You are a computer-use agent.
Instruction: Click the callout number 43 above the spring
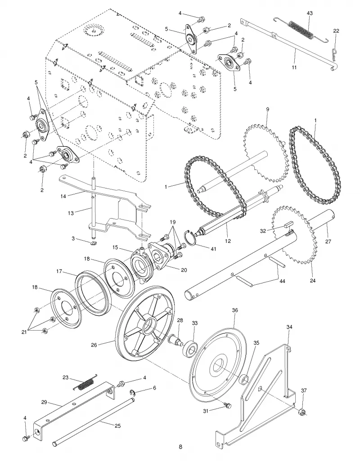tap(310, 13)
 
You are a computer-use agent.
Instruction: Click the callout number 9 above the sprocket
tap(267, 109)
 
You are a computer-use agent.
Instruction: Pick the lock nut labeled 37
tap(301, 412)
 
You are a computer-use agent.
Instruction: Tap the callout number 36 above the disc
tap(235, 310)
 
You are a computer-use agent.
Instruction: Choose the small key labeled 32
tap(288, 225)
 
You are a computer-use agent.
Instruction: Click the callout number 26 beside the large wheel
tap(94, 345)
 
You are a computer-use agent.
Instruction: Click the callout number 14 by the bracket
tap(63, 195)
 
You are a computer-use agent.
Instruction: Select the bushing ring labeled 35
tap(245, 380)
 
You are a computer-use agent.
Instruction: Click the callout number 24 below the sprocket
tap(313, 281)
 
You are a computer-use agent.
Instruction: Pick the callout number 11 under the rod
tap(294, 67)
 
